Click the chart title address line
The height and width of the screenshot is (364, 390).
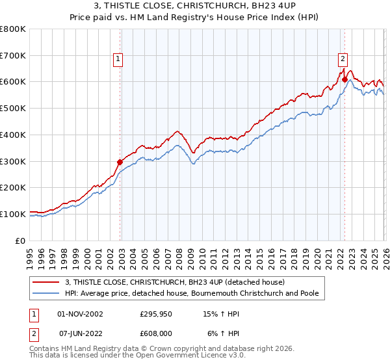point(195,6)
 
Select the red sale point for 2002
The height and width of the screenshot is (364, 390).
point(120,162)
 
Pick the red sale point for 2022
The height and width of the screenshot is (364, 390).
point(344,80)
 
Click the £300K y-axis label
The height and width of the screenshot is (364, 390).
point(13,161)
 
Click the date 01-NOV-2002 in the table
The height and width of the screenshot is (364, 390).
point(81,313)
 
